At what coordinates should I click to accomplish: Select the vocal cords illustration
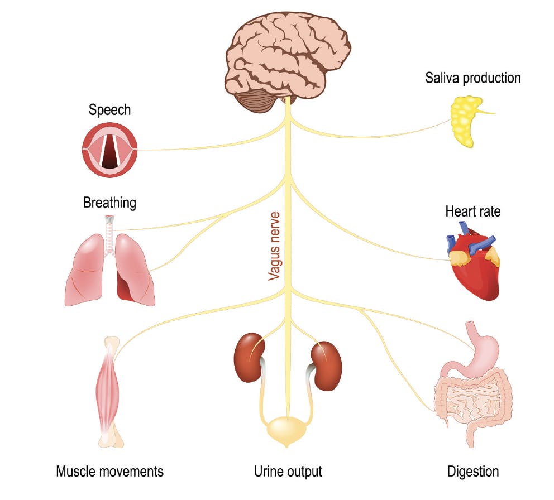(109, 149)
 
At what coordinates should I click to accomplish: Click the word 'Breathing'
(109, 202)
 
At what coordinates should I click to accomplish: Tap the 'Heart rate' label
(472, 212)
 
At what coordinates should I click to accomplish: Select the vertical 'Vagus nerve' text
(274, 246)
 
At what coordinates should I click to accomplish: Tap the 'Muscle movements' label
(110, 472)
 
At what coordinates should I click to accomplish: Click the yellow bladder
(286, 430)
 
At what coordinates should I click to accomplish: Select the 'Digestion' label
(473, 472)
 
